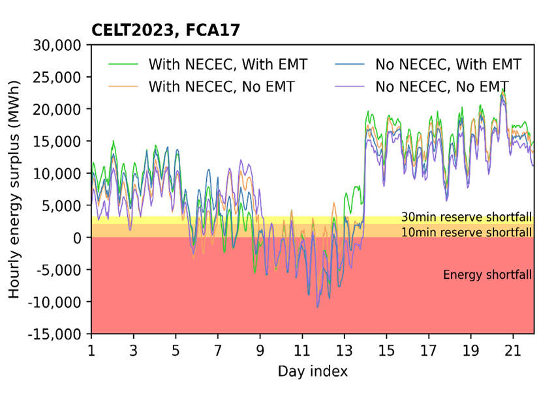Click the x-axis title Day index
coord(313,372)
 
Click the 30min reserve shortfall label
coord(467,218)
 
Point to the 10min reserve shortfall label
coord(467,231)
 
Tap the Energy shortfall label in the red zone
coord(487,274)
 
